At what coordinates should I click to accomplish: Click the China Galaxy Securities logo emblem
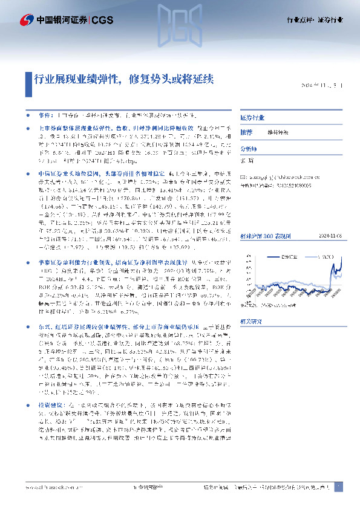[x=26, y=19]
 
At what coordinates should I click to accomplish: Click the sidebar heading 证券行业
[x=253, y=117]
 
